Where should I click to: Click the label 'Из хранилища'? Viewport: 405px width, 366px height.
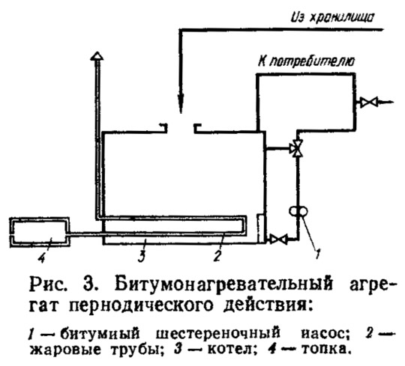pyautogui.click(x=332, y=17)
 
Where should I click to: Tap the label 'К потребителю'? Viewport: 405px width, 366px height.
pyautogui.click(x=306, y=61)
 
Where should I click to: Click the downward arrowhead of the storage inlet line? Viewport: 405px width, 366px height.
pyautogui.click(x=181, y=103)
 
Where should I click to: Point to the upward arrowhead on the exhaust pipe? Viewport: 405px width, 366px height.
pyautogui.click(x=97, y=55)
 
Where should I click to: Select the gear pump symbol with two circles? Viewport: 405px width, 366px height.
pyautogui.click(x=298, y=211)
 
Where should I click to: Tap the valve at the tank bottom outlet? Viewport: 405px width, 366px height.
pyautogui.click(x=278, y=239)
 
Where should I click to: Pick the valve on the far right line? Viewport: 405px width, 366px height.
pyautogui.click(x=369, y=102)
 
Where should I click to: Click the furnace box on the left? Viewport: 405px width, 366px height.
pyautogui.click(x=40, y=232)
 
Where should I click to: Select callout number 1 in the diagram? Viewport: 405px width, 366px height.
pyautogui.click(x=318, y=254)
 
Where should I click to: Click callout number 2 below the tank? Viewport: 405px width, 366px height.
pyautogui.click(x=217, y=256)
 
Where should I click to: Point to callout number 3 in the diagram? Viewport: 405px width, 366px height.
pyautogui.click(x=142, y=256)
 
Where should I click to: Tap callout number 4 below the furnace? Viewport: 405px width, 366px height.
pyautogui.click(x=41, y=257)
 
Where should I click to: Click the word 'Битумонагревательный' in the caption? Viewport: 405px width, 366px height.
pyautogui.click(x=223, y=285)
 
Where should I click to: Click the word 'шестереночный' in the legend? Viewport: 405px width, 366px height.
pyautogui.click(x=218, y=334)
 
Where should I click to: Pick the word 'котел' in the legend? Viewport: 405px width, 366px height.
pyautogui.click(x=229, y=350)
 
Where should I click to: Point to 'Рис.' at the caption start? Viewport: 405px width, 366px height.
pyautogui.click(x=47, y=285)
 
